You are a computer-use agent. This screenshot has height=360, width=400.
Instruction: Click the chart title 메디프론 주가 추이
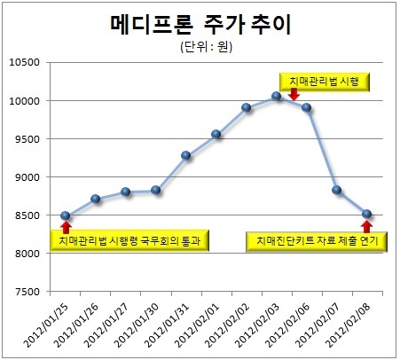tap(201, 24)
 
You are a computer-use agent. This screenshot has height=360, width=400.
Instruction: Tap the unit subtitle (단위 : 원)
tap(207, 47)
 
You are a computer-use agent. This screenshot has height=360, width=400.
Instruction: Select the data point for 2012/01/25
tap(66, 215)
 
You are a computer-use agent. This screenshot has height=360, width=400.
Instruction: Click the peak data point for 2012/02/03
tap(277, 96)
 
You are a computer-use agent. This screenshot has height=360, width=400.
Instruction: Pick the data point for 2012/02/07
tap(336, 190)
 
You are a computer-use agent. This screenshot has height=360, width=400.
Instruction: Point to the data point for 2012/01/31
tap(186, 155)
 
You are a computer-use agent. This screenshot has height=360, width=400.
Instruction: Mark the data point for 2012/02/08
tap(366, 214)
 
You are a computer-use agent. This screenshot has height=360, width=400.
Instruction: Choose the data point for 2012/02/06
tap(307, 107)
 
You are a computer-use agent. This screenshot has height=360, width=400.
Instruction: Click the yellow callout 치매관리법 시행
tap(325, 82)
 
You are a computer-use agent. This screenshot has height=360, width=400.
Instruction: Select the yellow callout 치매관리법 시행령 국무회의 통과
tap(129, 240)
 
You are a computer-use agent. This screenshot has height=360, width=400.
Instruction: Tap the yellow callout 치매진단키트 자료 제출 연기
tap(317, 242)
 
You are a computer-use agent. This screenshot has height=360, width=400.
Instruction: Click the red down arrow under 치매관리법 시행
tap(294, 94)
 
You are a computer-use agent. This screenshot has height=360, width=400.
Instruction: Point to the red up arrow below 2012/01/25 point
tap(66, 227)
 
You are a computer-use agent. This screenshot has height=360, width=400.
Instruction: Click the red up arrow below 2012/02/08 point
tap(366, 226)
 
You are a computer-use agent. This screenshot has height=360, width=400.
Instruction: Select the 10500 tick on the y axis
tap(24, 62)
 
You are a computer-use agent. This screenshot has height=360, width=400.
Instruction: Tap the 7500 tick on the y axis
tap(27, 292)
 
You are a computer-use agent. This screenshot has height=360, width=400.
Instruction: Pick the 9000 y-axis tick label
tap(27, 177)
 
